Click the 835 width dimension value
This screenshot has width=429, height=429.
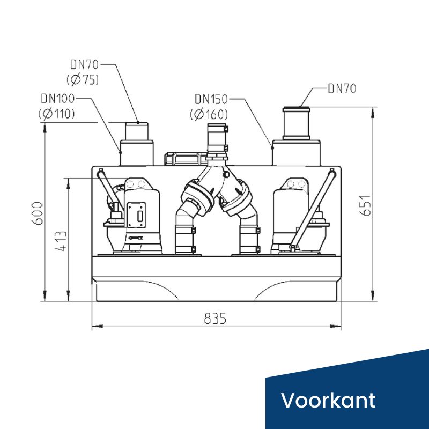216,319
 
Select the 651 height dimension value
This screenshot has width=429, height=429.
366,205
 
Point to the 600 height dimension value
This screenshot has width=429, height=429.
38,213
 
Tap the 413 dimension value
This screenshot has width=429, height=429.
61,241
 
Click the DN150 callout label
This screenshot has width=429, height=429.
211,99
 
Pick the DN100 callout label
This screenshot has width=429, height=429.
57,99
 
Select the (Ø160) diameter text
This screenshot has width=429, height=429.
209,114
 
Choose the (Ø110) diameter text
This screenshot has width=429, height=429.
56,114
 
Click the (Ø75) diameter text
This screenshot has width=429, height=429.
83,79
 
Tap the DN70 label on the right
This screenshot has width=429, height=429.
342,88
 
